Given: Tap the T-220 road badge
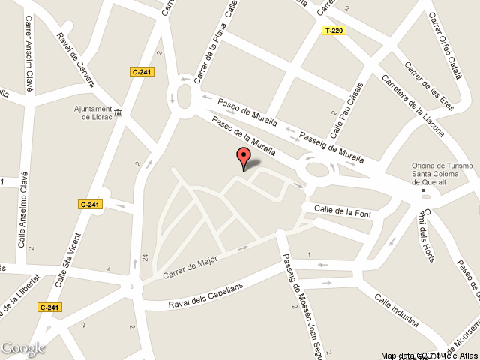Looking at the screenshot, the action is [x=334, y=31].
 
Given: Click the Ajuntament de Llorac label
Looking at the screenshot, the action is [x=92, y=112].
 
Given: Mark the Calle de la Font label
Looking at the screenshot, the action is [x=343, y=208].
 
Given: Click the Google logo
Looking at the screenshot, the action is [x=22, y=348].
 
